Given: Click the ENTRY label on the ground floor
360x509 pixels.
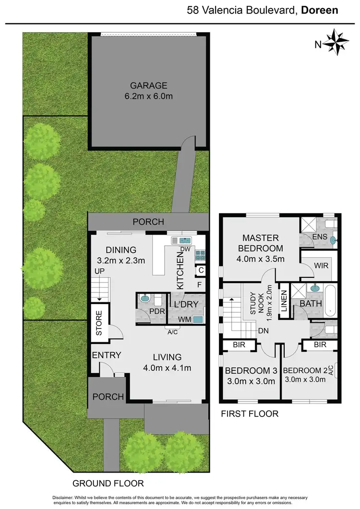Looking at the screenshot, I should (x=107, y=355).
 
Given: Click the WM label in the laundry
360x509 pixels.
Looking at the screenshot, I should (x=182, y=319).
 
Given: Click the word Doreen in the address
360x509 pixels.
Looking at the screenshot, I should (x=321, y=10).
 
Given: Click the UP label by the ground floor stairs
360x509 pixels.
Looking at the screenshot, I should (x=99, y=272).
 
